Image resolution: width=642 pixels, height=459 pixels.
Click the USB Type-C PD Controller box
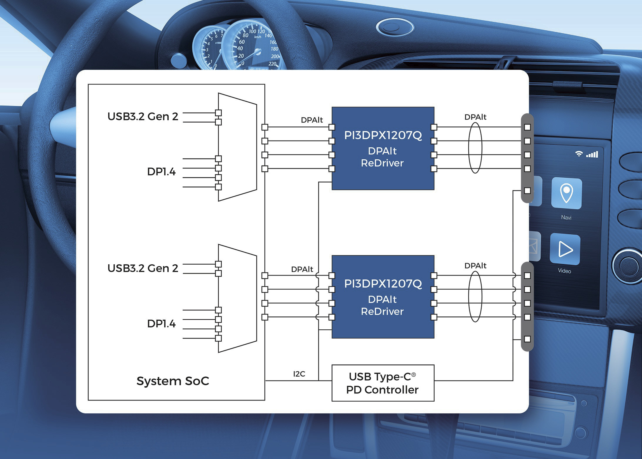point(383,383)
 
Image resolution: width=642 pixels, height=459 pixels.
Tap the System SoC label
point(173,381)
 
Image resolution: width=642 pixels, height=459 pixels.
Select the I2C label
point(299,374)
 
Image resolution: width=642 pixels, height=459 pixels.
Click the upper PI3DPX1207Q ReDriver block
point(383,148)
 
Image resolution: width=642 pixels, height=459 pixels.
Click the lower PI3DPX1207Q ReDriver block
point(383,297)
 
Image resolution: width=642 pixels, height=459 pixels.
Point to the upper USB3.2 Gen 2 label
point(143,116)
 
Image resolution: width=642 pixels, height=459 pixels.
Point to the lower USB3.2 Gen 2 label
point(143,268)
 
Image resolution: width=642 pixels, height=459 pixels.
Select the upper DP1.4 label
point(161,172)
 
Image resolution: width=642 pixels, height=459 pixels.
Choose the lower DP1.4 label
point(161,324)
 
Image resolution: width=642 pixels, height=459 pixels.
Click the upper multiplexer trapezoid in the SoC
point(237,147)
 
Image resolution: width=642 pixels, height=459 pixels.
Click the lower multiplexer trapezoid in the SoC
point(237,298)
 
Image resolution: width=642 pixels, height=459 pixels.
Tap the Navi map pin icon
point(566,193)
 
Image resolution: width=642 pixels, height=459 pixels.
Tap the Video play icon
point(565,249)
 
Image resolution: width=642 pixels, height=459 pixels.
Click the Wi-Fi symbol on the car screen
point(579,154)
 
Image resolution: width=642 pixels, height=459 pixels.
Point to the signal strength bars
point(592,154)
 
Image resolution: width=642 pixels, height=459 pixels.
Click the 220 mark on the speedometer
point(272,64)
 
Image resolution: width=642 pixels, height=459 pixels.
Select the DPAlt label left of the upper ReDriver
point(312,120)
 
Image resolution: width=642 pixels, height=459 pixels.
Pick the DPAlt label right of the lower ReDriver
point(475,266)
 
